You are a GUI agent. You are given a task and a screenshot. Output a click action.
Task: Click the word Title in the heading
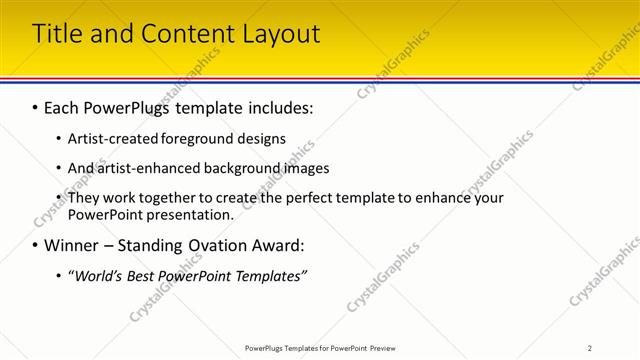pyautogui.click(x=58, y=33)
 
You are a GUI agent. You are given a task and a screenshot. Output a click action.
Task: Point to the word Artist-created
pyautogui.click(x=112, y=138)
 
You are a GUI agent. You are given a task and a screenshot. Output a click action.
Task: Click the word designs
pyautogui.click(x=264, y=138)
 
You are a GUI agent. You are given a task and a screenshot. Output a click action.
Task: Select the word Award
pyautogui.click(x=283, y=245)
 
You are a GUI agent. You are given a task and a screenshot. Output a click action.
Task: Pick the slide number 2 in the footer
pyautogui.click(x=589, y=348)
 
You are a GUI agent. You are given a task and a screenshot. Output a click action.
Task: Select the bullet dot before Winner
pyautogui.click(x=35, y=246)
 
